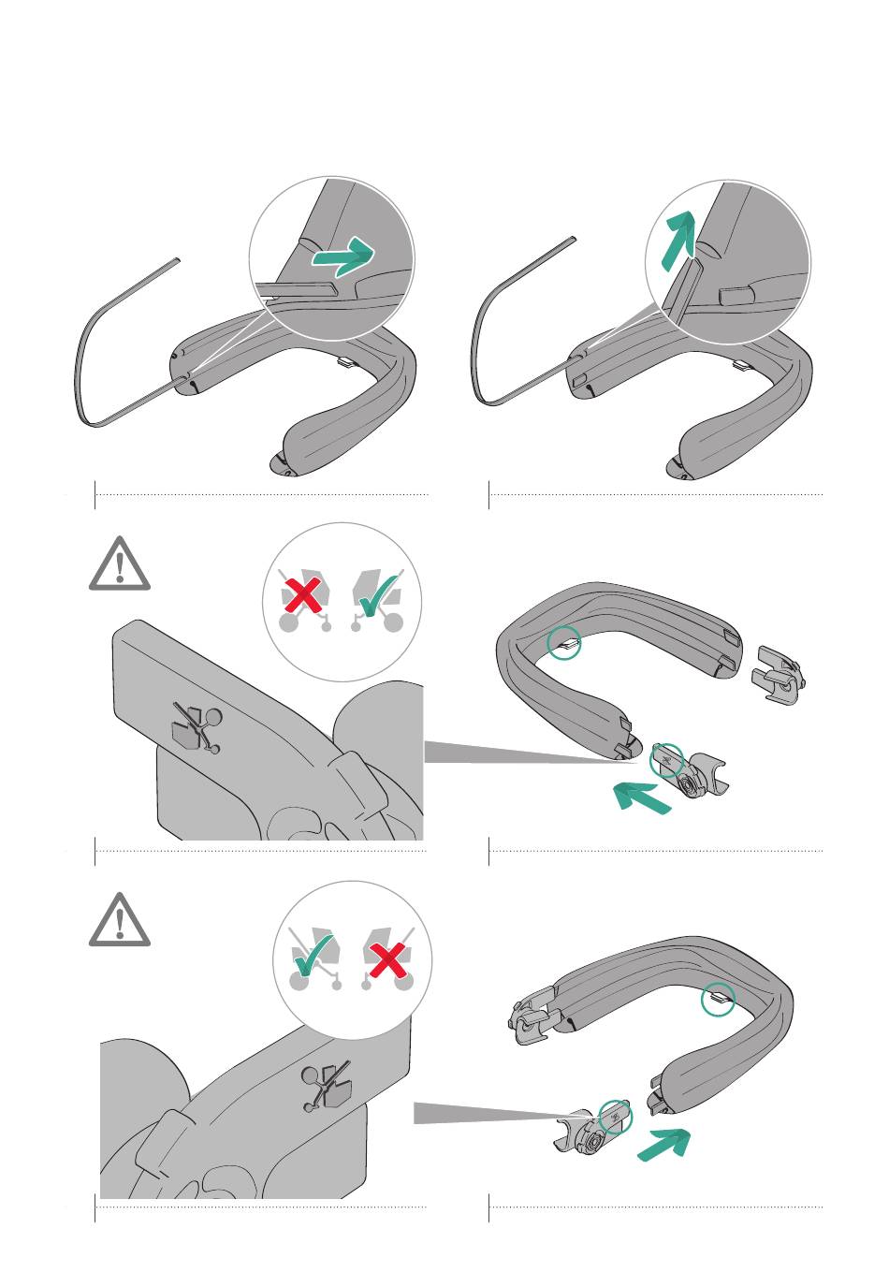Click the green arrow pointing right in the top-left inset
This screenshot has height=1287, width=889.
click(x=343, y=256)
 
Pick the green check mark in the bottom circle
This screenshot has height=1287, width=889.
click(x=313, y=953)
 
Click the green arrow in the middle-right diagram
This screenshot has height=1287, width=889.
click(x=644, y=798)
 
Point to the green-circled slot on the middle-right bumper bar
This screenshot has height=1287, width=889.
click(x=564, y=642)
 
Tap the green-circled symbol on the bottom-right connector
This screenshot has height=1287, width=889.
click(x=615, y=1115)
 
